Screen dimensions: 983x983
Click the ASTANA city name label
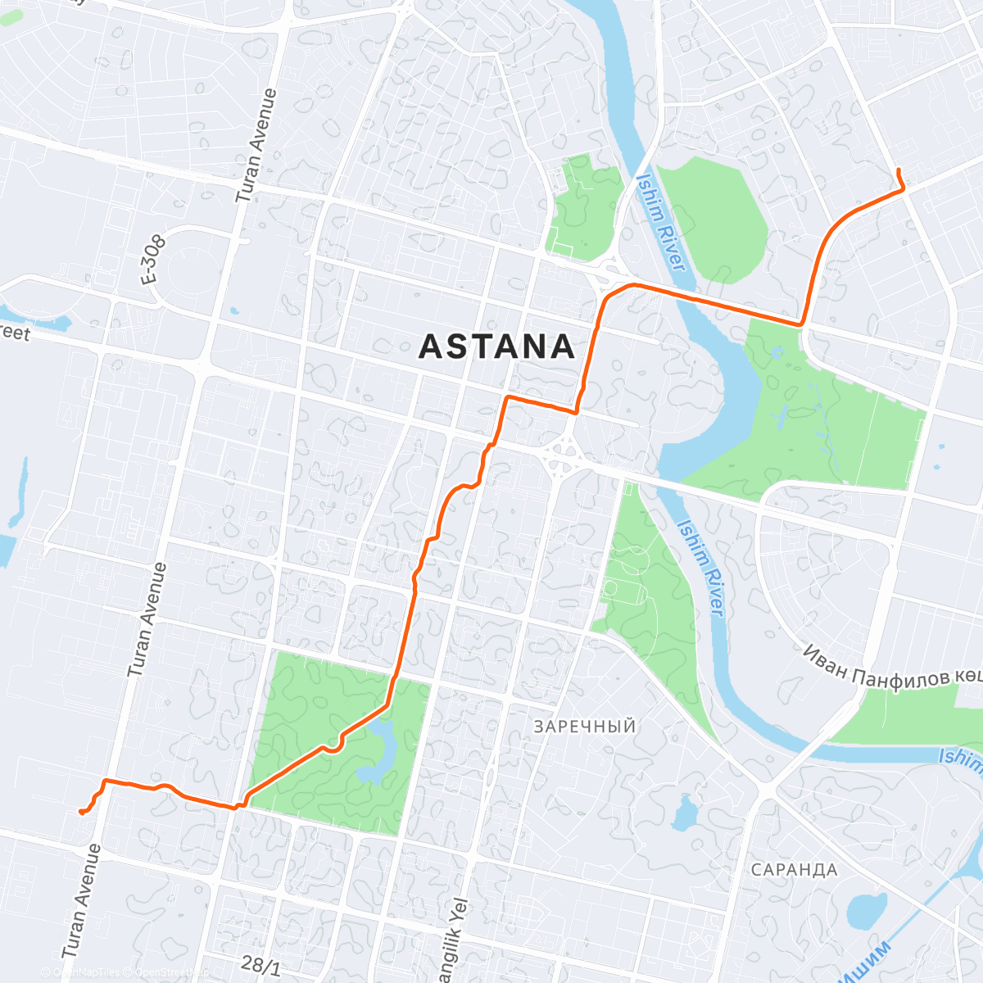[x=497, y=347]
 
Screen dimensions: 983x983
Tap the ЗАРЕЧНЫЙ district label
[x=584, y=727]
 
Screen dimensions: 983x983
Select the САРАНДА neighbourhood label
[x=794, y=870]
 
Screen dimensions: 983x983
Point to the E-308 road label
[x=153, y=260]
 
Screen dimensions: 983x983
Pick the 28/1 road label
[x=261, y=965]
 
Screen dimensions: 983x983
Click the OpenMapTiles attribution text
[x=86, y=973]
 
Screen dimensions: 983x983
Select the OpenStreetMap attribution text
[x=168, y=973]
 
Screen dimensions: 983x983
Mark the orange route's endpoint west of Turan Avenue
[x=80, y=812]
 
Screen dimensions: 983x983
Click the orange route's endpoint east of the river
[x=899, y=170]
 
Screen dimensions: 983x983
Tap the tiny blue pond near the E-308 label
[x=235, y=310]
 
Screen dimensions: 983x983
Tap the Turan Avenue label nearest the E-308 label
[x=257, y=146]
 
